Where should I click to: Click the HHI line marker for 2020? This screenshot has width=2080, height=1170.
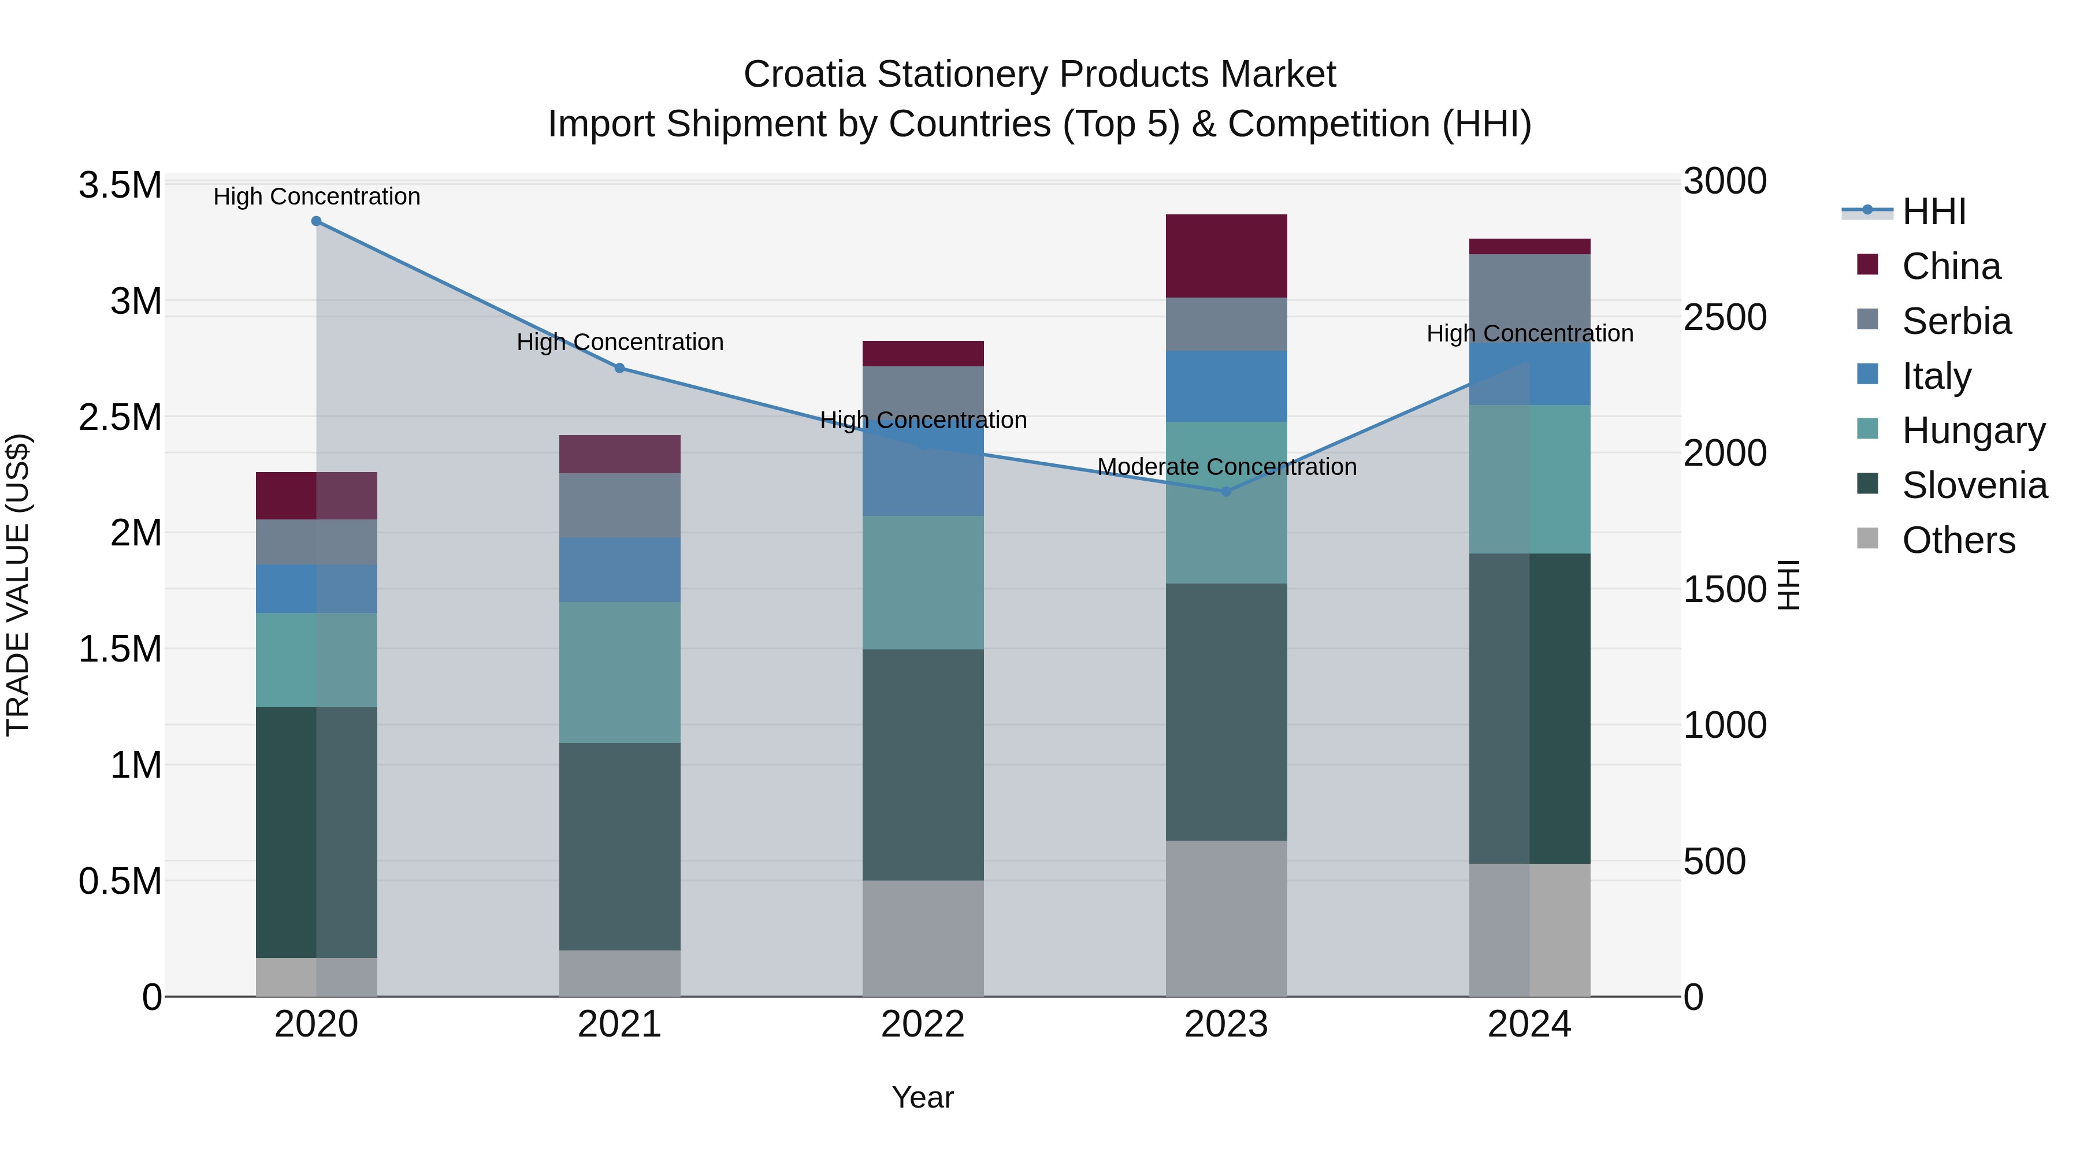(317, 221)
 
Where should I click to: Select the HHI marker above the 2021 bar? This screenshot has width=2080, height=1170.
(619, 368)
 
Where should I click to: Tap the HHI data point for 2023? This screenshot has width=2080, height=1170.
(1225, 491)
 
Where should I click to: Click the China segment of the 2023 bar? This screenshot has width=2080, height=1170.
(1225, 256)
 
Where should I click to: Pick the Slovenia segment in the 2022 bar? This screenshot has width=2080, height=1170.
(923, 764)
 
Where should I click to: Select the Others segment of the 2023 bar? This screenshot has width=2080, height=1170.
(1225, 918)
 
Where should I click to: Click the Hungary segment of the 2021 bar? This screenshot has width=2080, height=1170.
(619, 672)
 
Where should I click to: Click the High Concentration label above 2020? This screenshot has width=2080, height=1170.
(317, 196)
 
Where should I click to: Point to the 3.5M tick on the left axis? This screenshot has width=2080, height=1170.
(120, 185)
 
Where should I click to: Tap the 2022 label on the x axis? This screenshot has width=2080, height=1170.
(923, 1024)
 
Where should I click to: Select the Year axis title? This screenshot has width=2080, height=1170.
(922, 1097)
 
